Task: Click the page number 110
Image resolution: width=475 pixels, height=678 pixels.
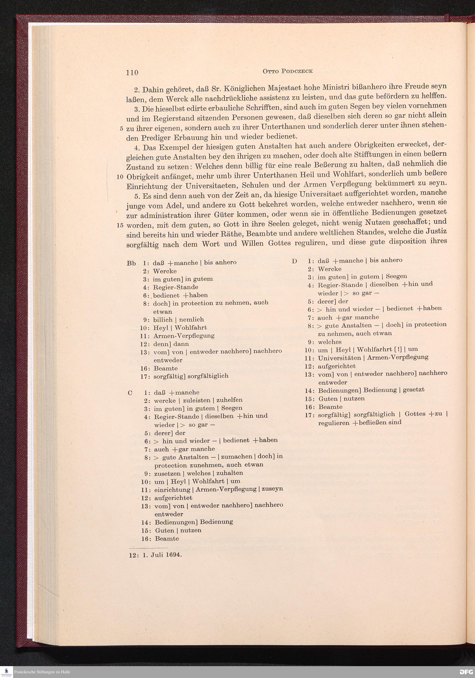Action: pyautogui.click(x=132, y=72)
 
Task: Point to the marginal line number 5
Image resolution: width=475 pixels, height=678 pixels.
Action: pyautogui.click(x=122, y=129)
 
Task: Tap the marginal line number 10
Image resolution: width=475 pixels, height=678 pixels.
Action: pyautogui.click(x=120, y=177)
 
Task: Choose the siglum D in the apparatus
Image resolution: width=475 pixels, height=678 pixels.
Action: pyautogui.click(x=294, y=261)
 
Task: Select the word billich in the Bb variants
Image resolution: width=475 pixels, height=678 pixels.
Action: pyautogui.click(x=162, y=319)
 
